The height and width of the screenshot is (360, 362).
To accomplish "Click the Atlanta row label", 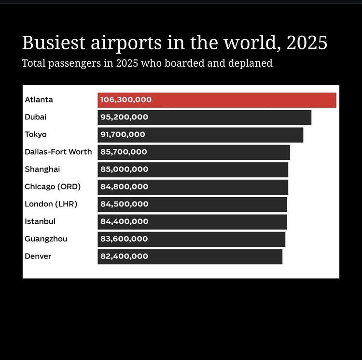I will click(x=39, y=100).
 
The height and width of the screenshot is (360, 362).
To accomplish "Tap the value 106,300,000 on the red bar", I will click(x=125, y=100).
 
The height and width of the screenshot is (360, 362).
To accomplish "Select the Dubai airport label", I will click(x=36, y=117).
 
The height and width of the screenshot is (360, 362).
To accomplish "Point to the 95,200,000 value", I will click(x=124, y=117).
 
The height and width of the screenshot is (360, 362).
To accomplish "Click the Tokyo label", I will click(x=36, y=134).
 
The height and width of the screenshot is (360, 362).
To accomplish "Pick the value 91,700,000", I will click(x=123, y=134).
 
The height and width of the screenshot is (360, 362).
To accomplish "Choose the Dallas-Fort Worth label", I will click(x=58, y=152).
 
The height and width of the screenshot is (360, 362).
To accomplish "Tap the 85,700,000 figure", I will click(x=124, y=152).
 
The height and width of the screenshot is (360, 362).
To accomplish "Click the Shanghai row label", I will click(x=42, y=169).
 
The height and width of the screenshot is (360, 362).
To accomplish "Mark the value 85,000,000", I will click(x=124, y=169).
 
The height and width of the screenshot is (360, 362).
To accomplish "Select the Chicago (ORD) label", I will click(x=53, y=187).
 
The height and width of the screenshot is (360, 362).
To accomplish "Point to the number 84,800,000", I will click(x=124, y=187).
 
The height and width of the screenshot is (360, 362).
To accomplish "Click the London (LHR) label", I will click(x=51, y=204).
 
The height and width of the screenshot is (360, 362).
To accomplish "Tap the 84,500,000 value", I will click(x=124, y=204).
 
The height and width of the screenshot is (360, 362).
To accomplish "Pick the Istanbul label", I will click(x=40, y=221).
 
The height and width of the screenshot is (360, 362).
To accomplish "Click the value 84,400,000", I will click(x=124, y=221).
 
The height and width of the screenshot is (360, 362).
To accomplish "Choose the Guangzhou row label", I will click(x=46, y=239).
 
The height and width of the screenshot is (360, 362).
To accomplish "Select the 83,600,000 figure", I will click(x=124, y=239).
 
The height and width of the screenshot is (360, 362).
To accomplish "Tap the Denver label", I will click(x=38, y=256).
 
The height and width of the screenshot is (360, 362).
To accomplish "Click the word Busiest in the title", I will click(x=54, y=43).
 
